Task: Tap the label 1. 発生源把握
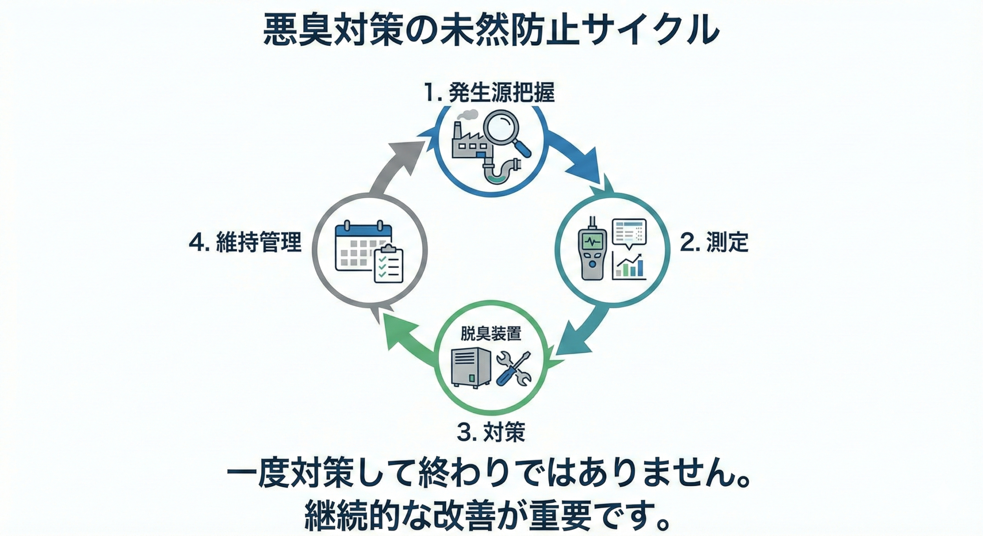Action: point(489,93)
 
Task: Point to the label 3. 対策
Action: point(491,433)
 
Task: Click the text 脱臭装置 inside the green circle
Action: point(491,334)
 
